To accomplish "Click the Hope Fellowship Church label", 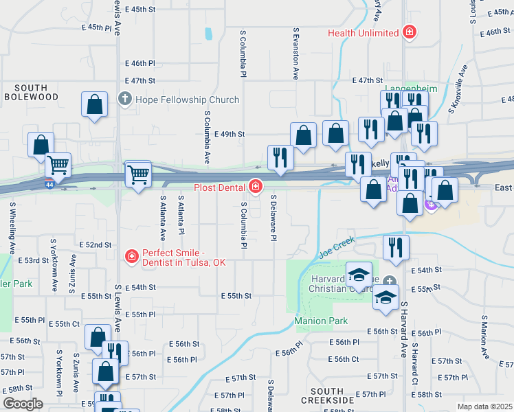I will (187, 100).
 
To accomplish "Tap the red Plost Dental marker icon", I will (256, 186).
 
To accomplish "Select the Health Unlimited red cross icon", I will (410, 32).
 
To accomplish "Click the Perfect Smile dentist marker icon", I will (131, 257).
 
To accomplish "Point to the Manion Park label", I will (321, 321).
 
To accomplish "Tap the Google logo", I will (23, 404).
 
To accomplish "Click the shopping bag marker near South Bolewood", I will (95, 105).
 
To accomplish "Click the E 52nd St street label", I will (96, 244).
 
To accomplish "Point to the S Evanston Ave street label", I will (296, 54).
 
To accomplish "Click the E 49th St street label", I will (230, 135).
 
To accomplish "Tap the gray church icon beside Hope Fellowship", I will (125, 100).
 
